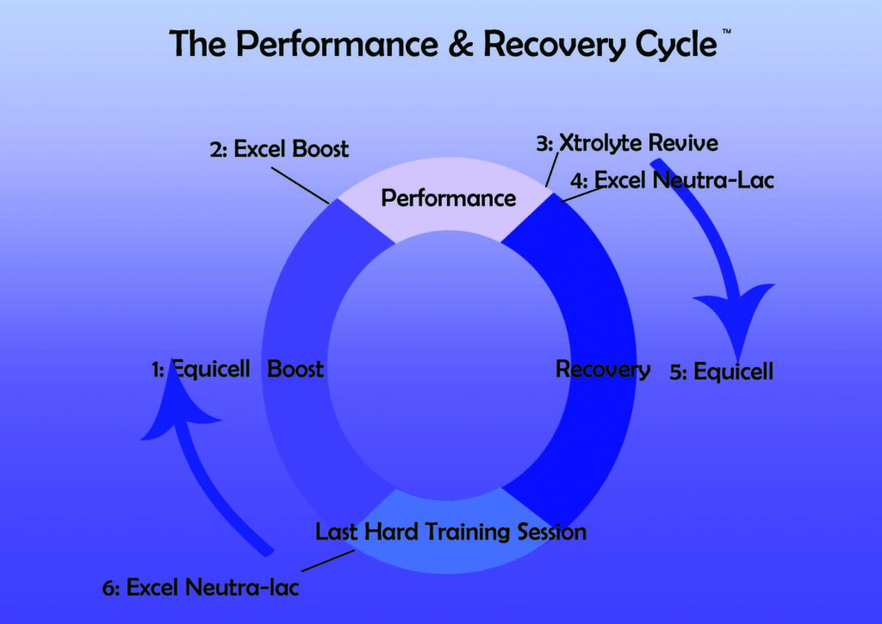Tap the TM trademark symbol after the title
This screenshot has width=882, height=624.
(x=726, y=31)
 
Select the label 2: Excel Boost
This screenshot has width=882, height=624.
(x=279, y=148)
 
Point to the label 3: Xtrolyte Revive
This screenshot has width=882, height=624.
(x=626, y=143)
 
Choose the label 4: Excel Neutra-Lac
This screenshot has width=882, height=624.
(x=672, y=180)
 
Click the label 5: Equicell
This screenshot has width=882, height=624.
(x=722, y=372)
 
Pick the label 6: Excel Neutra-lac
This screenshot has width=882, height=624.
(x=202, y=588)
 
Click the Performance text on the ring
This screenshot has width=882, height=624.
(x=448, y=198)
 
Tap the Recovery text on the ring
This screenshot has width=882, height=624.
(x=602, y=370)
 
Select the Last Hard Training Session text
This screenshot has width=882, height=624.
(x=450, y=532)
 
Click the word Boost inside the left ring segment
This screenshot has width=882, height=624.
(x=295, y=370)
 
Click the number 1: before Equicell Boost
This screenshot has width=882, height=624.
(x=158, y=371)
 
